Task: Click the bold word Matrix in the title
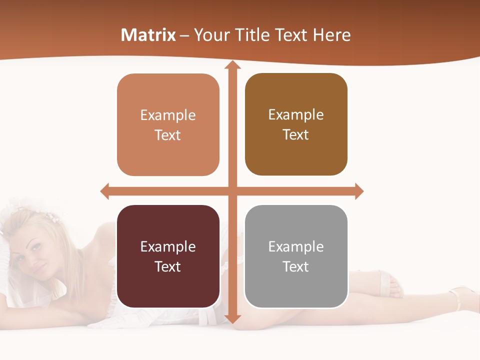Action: (x=148, y=35)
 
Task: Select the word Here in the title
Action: (x=332, y=35)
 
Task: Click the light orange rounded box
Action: (x=168, y=125)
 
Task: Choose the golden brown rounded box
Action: (x=296, y=124)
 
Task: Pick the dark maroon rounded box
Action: (x=168, y=256)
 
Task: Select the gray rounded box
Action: (x=296, y=256)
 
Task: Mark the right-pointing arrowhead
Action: (x=359, y=191)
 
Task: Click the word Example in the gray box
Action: (x=296, y=246)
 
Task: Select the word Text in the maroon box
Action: (x=168, y=266)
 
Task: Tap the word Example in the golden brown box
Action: (x=296, y=115)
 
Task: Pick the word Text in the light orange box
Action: (x=168, y=135)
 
